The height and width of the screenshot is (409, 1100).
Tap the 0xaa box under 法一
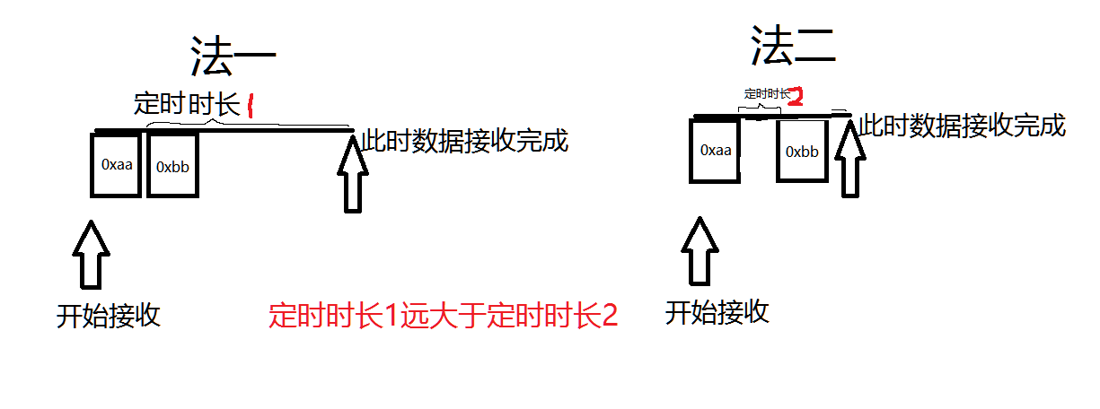pos(117,164)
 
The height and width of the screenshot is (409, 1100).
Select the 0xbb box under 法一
pos(172,165)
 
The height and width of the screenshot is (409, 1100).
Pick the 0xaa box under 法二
pos(715,151)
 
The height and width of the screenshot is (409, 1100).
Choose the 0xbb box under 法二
pos(802,152)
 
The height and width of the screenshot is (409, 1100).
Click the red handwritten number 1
pos(251,108)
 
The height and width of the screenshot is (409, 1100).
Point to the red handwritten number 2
pos(794,96)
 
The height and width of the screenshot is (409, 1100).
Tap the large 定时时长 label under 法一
pos(186,105)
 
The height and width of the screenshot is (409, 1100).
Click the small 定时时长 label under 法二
pos(766,93)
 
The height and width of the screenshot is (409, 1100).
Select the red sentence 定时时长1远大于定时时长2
pos(444,316)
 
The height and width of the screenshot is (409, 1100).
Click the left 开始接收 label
pos(108,316)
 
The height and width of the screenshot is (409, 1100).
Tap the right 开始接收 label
pos(717,312)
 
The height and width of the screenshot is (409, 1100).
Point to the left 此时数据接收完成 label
pos(464,141)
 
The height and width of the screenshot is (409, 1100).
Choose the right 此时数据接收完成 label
pos(962,126)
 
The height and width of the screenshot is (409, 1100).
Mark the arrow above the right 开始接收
pos(700,250)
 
